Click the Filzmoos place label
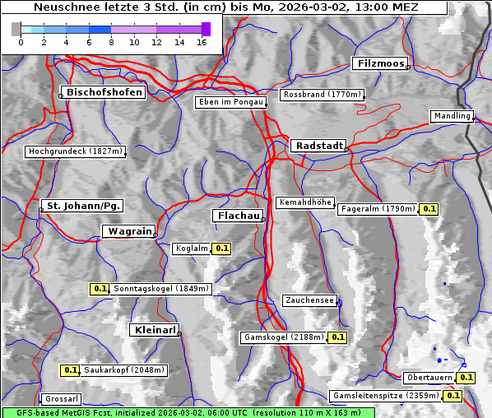click(380, 63)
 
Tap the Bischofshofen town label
click(104, 92)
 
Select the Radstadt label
click(318, 145)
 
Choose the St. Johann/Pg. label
click(83, 205)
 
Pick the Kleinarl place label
click(154, 330)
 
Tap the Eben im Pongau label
click(230, 102)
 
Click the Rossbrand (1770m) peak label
click(322, 95)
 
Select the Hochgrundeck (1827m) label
click(75, 151)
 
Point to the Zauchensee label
click(309, 300)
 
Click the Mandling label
click(452, 116)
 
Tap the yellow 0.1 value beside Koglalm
click(222, 248)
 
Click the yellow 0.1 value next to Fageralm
click(429, 209)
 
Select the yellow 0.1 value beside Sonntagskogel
click(100, 289)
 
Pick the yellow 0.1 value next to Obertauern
click(466, 378)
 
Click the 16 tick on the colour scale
click(202, 42)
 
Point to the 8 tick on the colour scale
click(111, 42)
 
